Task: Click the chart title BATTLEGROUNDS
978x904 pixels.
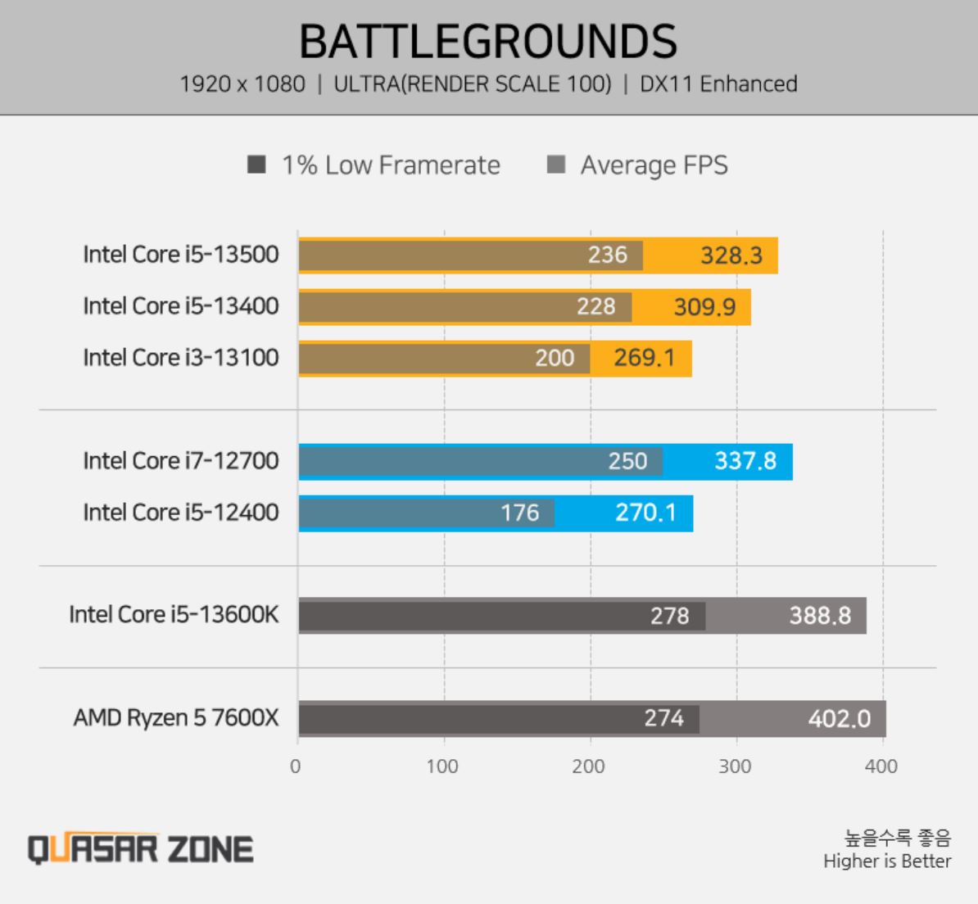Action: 488,41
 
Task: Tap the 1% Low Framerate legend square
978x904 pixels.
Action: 256,165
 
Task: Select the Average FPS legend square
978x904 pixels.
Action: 556,165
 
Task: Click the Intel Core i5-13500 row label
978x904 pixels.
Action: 180,255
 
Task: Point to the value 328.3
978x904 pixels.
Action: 731,255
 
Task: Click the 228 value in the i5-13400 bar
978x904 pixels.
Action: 595,306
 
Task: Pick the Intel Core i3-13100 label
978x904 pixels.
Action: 180,358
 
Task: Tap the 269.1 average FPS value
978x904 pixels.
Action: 645,358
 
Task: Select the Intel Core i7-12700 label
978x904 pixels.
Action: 180,461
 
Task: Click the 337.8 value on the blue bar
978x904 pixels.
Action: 745,461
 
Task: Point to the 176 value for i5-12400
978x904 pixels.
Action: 520,513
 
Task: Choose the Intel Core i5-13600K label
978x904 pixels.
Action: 174,614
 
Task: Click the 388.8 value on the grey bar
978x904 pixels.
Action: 820,615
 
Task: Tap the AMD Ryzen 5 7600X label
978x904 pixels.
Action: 176,718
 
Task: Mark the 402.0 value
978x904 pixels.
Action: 840,719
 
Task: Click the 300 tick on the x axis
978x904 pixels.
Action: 735,766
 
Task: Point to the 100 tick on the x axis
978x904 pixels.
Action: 442,766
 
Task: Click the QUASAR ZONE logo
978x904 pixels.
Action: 141,848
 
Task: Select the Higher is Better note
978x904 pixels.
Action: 887,861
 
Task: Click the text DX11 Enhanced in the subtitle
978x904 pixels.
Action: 718,84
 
